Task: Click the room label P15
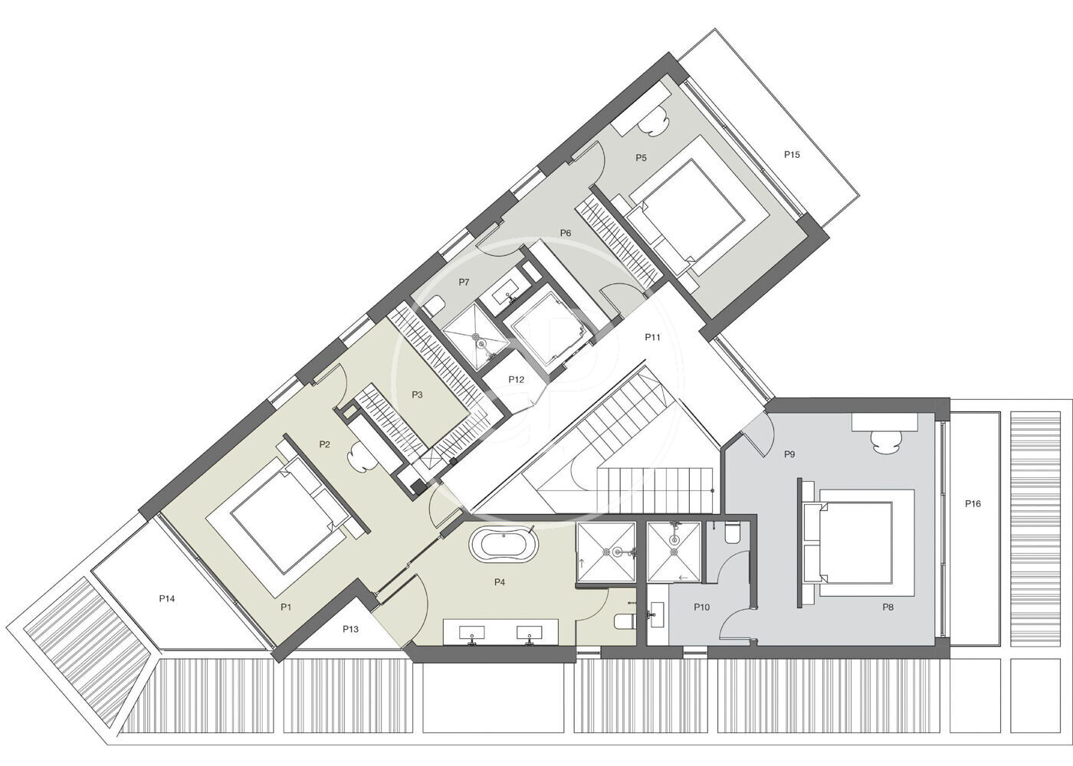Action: (792, 155)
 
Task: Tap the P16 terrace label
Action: (973, 504)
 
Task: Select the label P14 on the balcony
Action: (167, 598)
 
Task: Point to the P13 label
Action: (350, 629)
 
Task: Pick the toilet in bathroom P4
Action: (625, 621)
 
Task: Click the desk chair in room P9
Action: (886, 441)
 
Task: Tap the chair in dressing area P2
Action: (362, 457)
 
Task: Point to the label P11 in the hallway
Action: (652, 337)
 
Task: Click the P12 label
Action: (516, 380)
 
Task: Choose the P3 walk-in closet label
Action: (417, 395)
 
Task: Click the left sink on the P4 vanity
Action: (472, 633)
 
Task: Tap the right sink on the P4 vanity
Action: (529, 633)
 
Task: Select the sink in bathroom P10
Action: (656, 614)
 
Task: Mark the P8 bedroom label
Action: (888, 607)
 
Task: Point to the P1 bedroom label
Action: (286, 607)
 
